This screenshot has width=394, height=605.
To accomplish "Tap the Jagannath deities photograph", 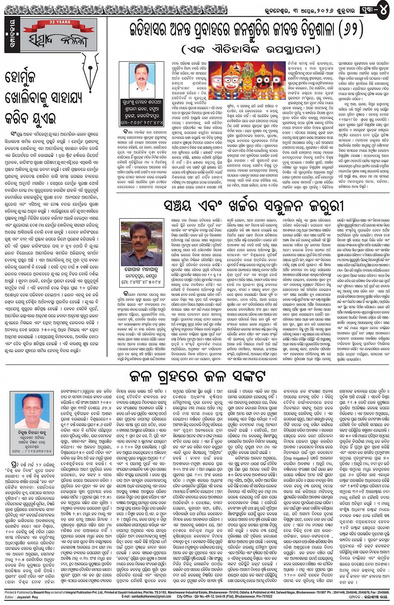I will click(247, 80).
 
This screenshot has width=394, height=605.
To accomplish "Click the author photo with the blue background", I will click(31, 411).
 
